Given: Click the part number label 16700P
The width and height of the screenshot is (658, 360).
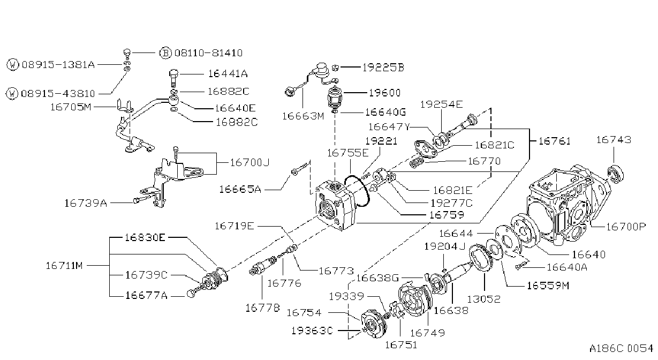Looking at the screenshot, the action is click(x=626, y=227).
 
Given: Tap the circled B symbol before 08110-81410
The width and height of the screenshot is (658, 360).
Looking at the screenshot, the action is click(x=165, y=53).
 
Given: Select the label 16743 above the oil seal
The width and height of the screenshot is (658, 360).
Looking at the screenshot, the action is click(x=614, y=140).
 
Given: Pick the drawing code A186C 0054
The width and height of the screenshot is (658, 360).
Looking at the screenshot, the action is click(x=621, y=349).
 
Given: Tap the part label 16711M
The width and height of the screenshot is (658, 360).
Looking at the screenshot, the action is click(x=64, y=266).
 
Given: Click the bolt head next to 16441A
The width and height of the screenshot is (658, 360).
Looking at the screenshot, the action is click(x=174, y=73).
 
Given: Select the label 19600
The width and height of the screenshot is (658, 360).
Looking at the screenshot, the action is click(x=384, y=93).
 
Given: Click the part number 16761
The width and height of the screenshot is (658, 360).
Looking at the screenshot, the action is click(x=555, y=141).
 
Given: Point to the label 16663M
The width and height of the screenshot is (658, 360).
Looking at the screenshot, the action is click(x=303, y=116).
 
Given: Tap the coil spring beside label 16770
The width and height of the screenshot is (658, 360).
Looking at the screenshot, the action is click(x=417, y=162).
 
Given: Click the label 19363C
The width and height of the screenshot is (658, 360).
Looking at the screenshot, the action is click(x=312, y=331).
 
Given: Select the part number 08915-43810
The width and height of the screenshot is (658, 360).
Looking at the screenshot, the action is click(x=58, y=94).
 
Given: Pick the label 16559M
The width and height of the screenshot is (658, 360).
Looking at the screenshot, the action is click(x=548, y=286).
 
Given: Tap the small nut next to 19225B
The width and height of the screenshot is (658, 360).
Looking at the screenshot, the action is click(x=335, y=68).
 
